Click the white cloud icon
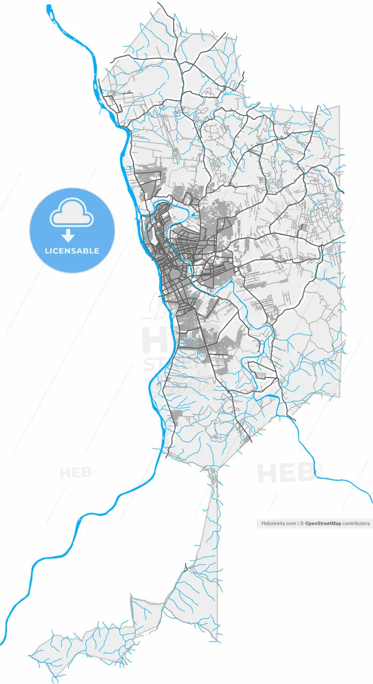72,213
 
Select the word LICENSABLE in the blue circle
72,251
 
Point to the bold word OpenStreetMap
323,524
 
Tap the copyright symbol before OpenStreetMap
302,524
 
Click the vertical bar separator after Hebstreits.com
299,524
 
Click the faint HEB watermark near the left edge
75,473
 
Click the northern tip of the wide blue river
49,6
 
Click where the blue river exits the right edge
371,502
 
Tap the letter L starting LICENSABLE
47,251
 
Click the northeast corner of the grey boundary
338,107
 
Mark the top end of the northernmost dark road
158,3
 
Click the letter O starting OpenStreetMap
308,524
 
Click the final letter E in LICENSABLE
97,251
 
